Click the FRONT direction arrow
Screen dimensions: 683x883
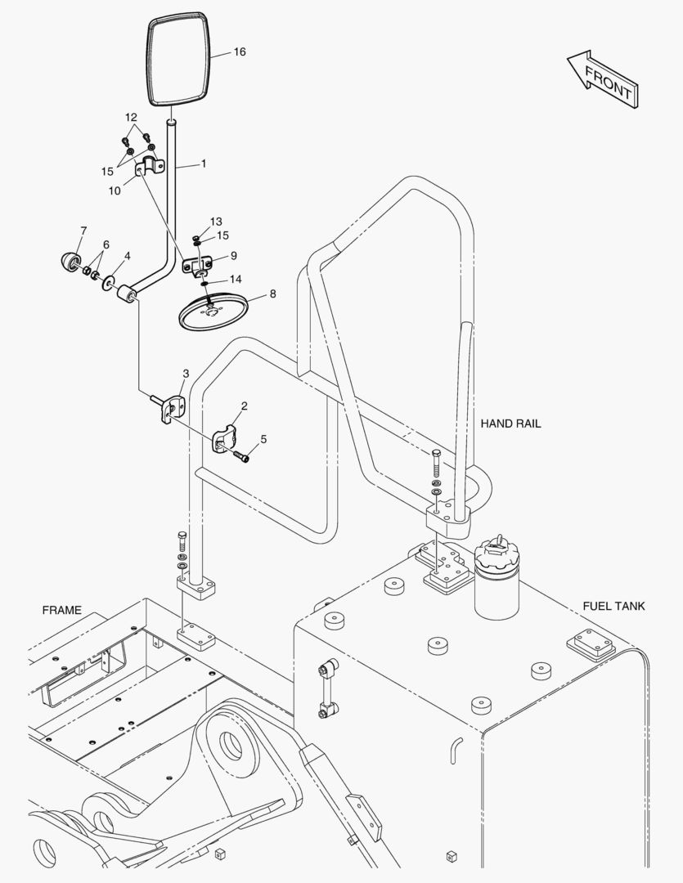[x=603, y=79]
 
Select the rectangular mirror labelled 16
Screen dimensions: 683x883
[x=179, y=60]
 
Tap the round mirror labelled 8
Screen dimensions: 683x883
[x=214, y=312]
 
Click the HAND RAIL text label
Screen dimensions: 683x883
[x=510, y=424]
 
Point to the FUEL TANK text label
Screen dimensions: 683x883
[x=613, y=606]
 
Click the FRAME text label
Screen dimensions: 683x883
[x=62, y=610]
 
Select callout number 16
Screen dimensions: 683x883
[x=240, y=52]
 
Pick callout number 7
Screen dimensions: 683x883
[x=84, y=231]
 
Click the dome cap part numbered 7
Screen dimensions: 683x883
[x=70, y=262]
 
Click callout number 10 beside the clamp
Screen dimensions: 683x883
[x=115, y=190]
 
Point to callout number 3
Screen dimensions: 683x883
[x=186, y=374]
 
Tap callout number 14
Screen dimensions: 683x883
[x=236, y=279]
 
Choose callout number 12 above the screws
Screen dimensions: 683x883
[x=131, y=118]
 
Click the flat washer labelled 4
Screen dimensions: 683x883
[x=108, y=283]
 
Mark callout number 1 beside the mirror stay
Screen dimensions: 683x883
[x=204, y=164]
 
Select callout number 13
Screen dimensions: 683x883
[x=217, y=222]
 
